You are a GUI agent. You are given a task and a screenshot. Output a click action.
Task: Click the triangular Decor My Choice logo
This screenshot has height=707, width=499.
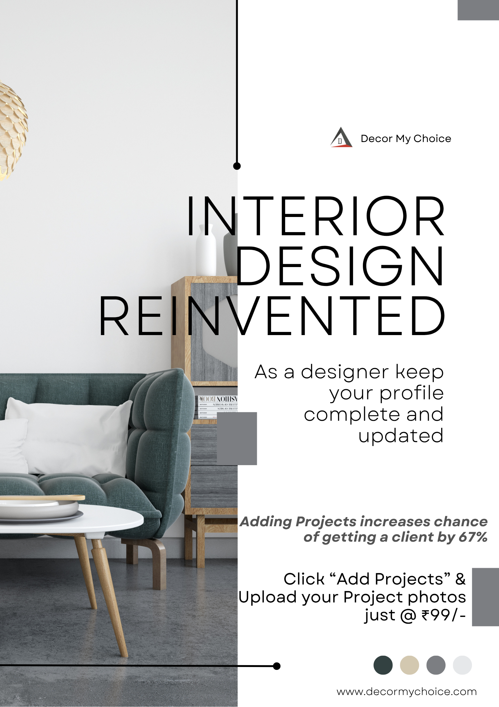pos(341,137)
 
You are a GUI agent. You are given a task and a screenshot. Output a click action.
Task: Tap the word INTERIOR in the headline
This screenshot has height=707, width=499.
pos(316,216)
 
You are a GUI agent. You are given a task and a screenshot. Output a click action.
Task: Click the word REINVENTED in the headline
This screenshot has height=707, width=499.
pos(272,316)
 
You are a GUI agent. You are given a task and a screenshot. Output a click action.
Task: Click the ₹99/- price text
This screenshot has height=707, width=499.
pos(443,615)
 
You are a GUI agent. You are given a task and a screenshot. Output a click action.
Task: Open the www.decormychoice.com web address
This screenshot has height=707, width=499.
pos(407,692)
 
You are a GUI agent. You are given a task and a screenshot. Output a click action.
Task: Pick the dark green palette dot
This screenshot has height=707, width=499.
pos(383,665)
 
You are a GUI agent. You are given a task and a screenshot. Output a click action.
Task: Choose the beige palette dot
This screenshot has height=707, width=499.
pos(409,665)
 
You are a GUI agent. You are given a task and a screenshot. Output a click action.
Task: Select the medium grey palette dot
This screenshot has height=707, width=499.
pos(436,665)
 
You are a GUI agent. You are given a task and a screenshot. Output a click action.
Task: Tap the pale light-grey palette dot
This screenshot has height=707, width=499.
pos(462,665)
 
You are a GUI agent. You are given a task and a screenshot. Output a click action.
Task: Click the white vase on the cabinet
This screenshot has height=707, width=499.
pos(206,250)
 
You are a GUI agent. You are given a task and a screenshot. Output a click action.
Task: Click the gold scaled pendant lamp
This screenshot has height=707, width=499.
pos(13,131)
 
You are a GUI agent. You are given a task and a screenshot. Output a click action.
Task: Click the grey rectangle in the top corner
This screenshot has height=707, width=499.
pos(478,10)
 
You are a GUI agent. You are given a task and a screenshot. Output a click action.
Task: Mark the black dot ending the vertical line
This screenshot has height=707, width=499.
pos(237,166)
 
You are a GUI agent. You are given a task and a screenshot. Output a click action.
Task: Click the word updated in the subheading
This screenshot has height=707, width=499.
pos(401,436)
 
